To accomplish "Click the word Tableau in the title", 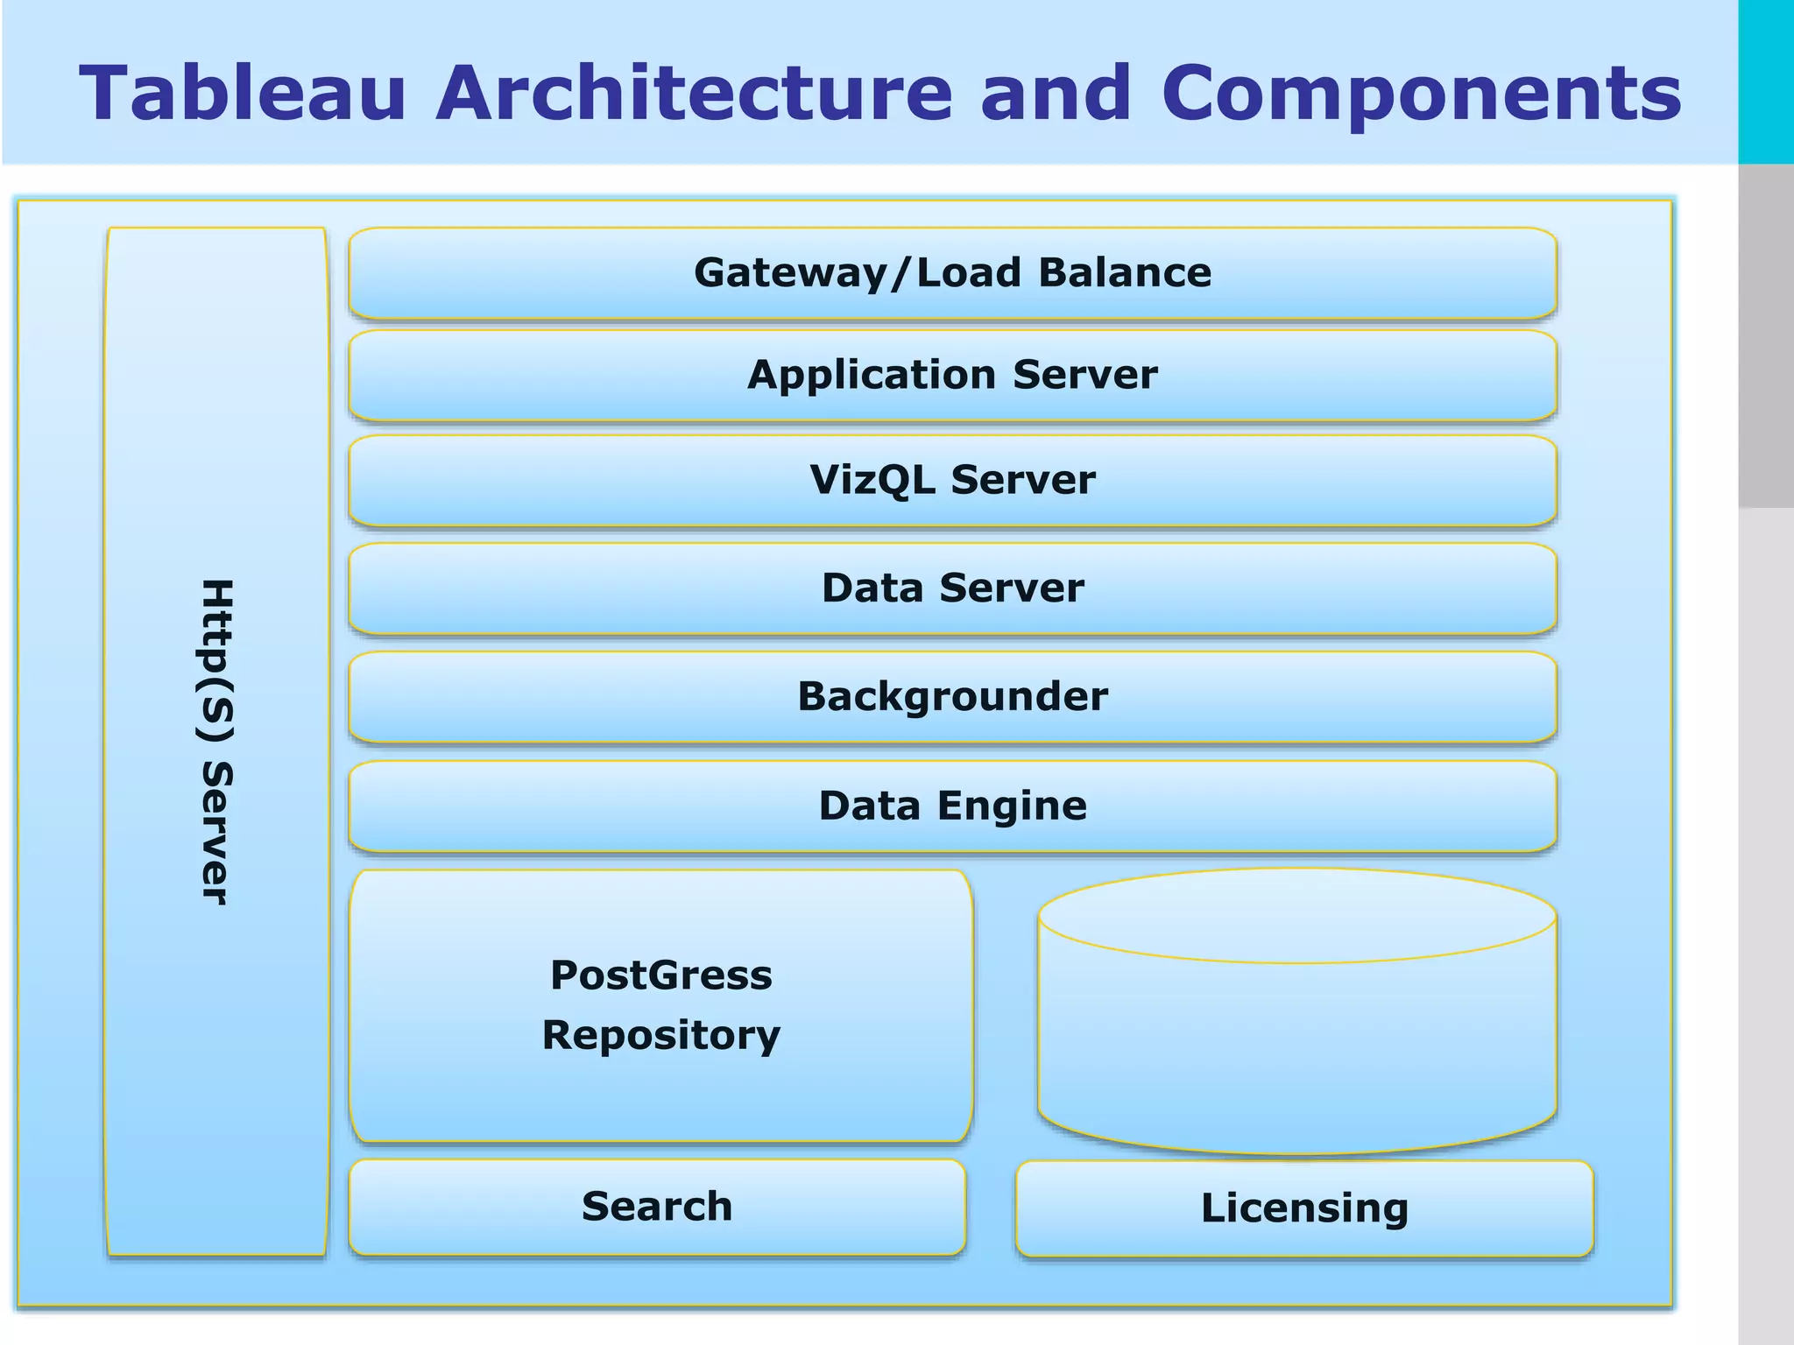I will (x=243, y=93).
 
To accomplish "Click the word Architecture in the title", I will (x=694, y=93).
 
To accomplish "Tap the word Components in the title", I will (x=1421, y=95).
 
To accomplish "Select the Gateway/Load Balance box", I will (x=952, y=272).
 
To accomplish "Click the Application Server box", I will (x=952, y=375).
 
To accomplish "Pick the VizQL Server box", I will (x=952, y=480).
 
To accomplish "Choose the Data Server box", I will (x=952, y=588).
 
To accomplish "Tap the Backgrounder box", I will (x=952, y=696).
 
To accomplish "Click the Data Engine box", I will (x=952, y=806).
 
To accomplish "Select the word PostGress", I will (x=661, y=975).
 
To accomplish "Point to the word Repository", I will (x=661, y=1035).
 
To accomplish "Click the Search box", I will (x=657, y=1207).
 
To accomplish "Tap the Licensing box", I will (x=1304, y=1208).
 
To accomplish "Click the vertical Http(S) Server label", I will (x=216, y=741).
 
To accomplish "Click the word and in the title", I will (x=1056, y=93).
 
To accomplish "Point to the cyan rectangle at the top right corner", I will (x=1766, y=81).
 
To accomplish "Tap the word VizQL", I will (x=872, y=480).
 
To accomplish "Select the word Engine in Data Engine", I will (x=1013, y=806).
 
